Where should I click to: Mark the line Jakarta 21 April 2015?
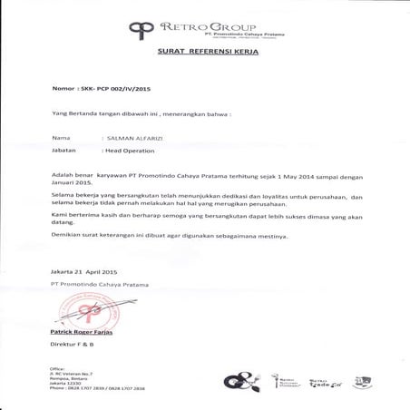(x=84, y=272)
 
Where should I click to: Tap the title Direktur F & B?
(x=72, y=346)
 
